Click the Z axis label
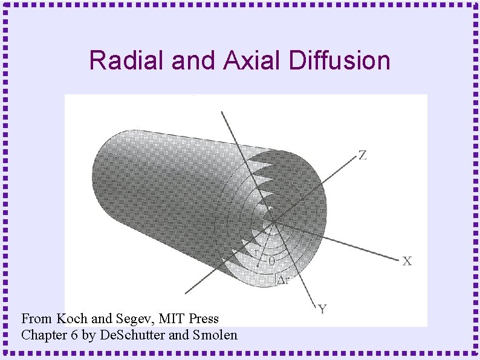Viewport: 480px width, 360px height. (362, 155)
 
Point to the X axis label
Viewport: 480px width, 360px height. (407, 261)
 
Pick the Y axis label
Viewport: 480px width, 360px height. (323, 309)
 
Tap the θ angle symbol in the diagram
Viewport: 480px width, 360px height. (271, 262)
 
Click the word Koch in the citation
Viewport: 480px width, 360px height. (72, 318)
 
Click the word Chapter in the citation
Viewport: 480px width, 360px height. (42, 335)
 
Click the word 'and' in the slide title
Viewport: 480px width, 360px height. (192, 61)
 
